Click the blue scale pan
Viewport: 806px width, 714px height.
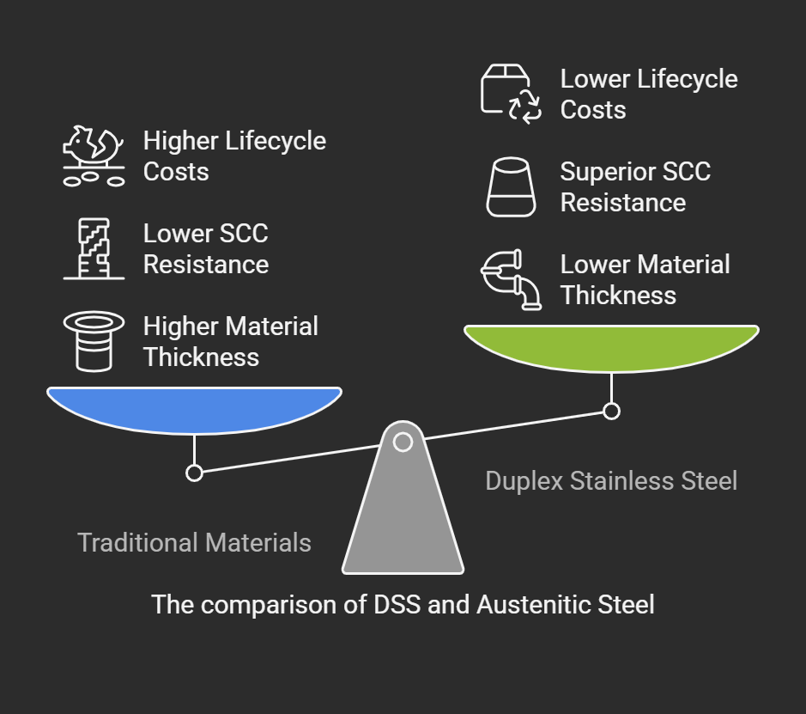coord(194,409)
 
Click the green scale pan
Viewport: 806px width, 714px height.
coord(611,347)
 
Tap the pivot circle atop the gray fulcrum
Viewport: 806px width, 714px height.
coord(403,442)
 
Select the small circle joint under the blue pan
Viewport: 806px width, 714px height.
coord(194,473)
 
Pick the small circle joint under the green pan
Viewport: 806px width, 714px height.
coord(611,411)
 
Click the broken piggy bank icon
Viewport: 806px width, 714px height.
coord(94,156)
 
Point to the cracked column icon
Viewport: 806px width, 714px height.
coord(94,248)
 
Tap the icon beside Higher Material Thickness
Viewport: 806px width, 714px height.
coord(94,341)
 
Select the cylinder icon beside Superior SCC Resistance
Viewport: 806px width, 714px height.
coord(511,186)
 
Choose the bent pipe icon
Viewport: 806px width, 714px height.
coord(511,279)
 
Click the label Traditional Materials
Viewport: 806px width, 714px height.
coord(194,543)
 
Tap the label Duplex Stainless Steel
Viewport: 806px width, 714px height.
coord(611,481)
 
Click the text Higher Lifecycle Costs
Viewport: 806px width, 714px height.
coord(234,156)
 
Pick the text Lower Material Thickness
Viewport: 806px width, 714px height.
coord(645,279)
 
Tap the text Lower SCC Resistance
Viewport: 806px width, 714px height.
coord(206,248)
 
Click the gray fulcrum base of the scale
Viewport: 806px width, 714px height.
coord(403,510)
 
